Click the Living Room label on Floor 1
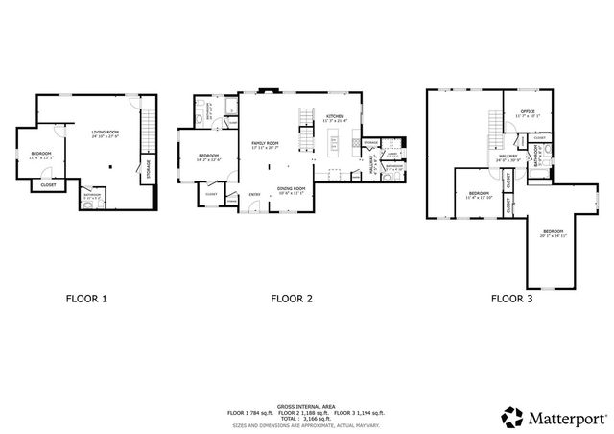tap(105, 133)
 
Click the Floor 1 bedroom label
tap(39, 155)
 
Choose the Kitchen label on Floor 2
tap(335, 117)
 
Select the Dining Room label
tap(291, 189)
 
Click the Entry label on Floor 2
tap(254, 195)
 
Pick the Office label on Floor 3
tap(527, 112)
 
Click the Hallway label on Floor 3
tap(508, 157)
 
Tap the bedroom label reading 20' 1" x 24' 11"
tap(553, 232)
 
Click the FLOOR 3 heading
tap(512, 299)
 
